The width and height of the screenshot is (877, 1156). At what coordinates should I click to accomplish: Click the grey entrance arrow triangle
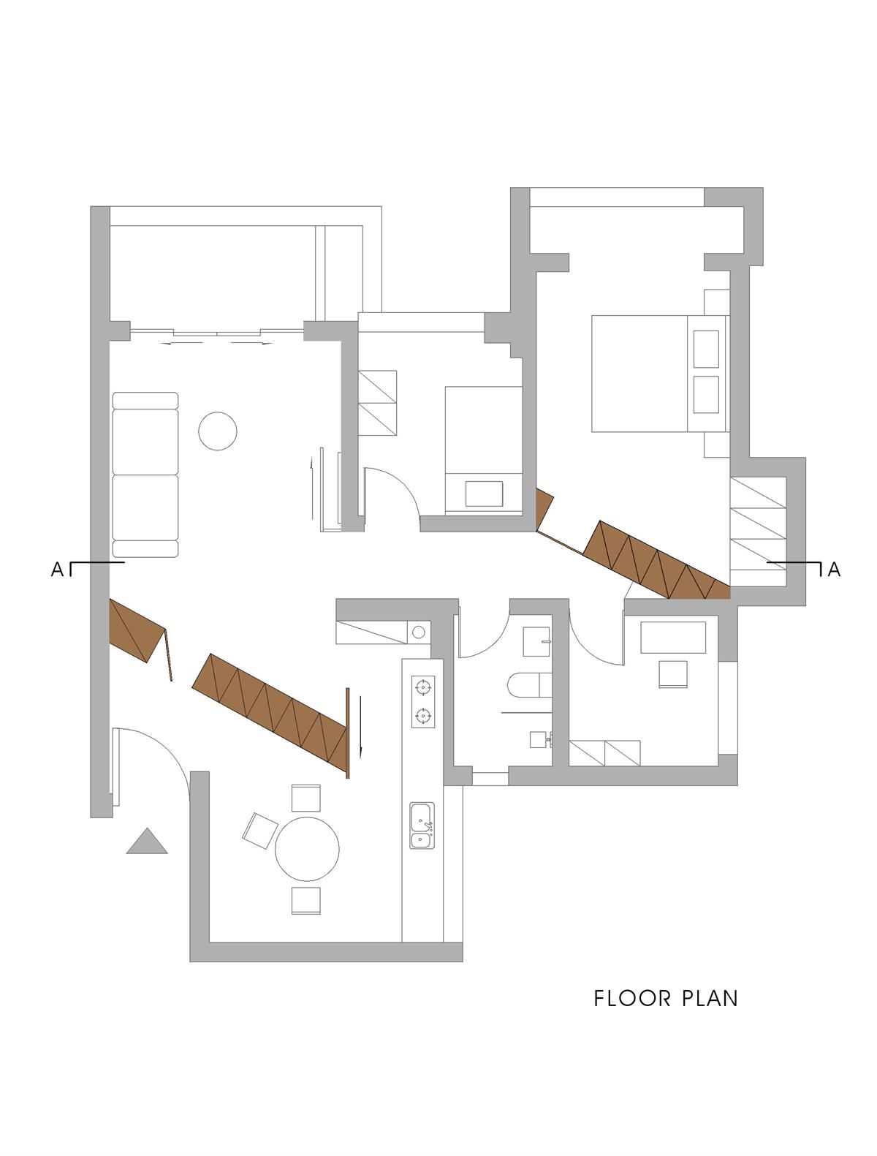tap(147, 843)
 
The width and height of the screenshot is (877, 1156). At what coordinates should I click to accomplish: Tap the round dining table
tap(307, 849)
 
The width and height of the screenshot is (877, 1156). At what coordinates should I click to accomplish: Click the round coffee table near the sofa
tap(218, 431)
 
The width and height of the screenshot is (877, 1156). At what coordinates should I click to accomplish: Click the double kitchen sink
tap(422, 826)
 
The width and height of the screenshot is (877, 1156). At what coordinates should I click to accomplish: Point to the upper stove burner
tap(422, 687)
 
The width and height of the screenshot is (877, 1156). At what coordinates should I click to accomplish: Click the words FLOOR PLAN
tap(665, 998)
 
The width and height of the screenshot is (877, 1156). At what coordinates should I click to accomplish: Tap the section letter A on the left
tap(57, 570)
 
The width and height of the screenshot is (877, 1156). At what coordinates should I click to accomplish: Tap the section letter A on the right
tap(833, 570)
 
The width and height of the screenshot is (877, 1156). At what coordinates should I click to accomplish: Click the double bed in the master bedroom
tap(639, 373)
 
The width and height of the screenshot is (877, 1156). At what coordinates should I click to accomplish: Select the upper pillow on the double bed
tap(706, 349)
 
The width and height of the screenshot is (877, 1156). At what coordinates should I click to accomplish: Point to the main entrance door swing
tap(157, 760)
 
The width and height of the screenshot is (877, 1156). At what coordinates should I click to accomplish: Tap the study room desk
tap(673, 637)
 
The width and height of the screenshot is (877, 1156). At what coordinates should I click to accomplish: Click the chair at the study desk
tap(673, 673)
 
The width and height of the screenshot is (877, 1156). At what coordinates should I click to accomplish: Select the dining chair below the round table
tap(305, 900)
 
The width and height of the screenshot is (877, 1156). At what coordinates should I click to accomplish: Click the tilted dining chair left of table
tap(259, 831)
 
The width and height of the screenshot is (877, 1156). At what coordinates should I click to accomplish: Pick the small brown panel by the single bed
tap(544, 508)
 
